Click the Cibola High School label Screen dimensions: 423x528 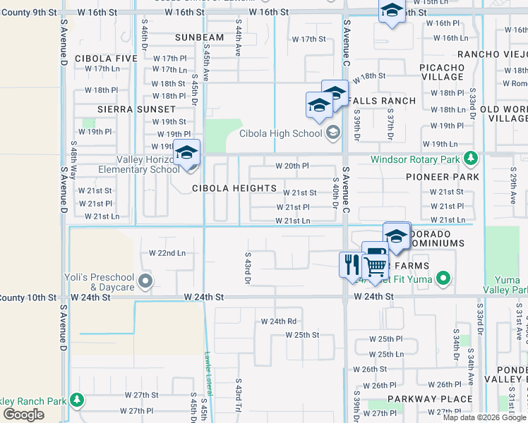click(x=280, y=133)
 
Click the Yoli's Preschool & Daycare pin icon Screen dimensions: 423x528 click(x=145, y=282)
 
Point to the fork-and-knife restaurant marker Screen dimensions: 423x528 click(x=351, y=266)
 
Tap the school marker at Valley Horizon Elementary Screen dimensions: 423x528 click(x=187, y=154)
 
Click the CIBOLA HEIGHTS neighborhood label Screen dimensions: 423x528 click(x=234, y=188)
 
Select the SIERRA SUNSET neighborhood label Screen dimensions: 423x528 click(x=136, y=109)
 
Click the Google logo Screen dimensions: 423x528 click(x=23, y=415)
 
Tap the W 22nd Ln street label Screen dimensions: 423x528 click(x=167, y=253)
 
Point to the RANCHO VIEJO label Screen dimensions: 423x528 click(x=492, y=54)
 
